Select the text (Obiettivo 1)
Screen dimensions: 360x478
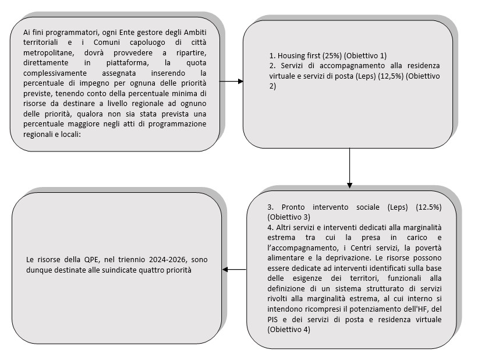point(365,55)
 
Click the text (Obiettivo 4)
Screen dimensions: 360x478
point(289,329)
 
